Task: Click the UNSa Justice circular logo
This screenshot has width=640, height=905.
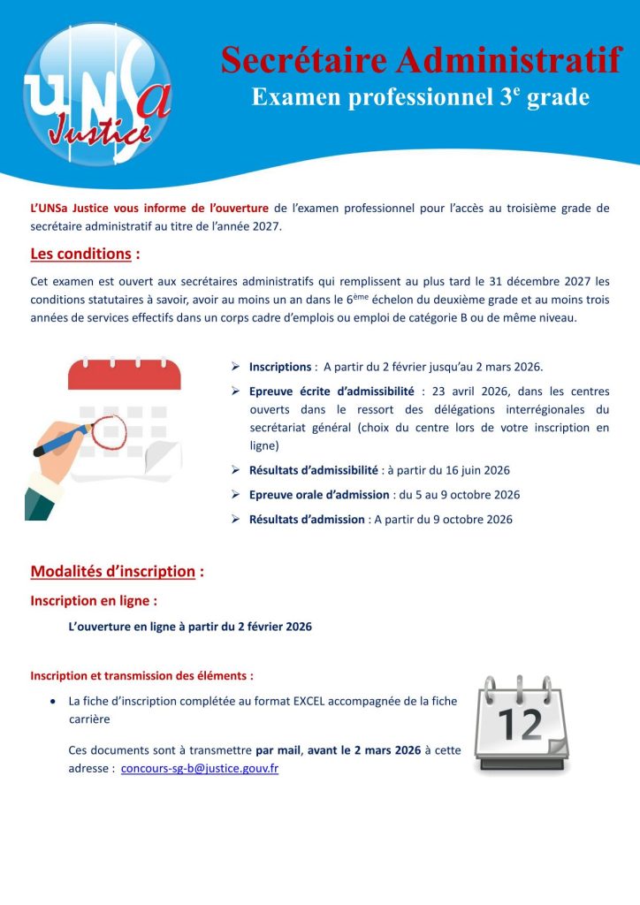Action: [x=97, y=95]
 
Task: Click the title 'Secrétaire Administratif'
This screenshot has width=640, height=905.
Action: [x=420, y=60]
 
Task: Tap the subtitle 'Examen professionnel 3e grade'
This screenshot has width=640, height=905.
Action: [x=420, y=97]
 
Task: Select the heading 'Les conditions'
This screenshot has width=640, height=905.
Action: [x=80, y=255]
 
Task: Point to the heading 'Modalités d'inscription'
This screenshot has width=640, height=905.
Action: [x=112, y=571]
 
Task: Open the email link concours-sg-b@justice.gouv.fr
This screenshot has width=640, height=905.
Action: [x=200, y=768]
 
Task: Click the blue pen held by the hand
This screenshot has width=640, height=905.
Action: [x=62, y=440]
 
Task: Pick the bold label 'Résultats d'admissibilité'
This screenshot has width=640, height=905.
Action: [x=313, y=470]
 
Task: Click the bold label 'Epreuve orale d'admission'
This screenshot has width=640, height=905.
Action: [x=319, y=495]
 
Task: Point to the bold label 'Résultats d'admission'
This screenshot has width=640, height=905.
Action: [x=307, y=520]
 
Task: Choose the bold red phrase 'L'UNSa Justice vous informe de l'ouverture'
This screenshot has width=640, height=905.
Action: [x=149, y=209]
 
